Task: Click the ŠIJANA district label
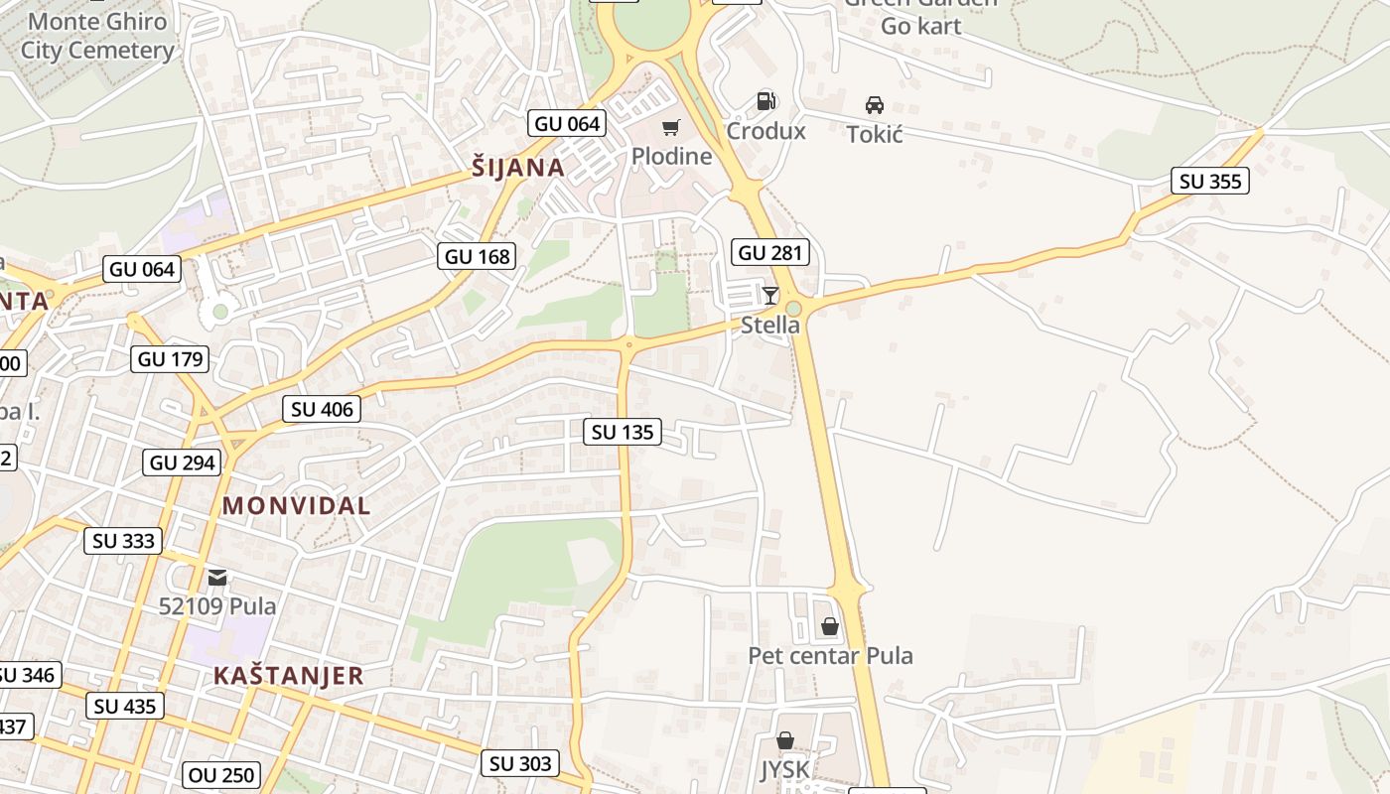tap(518, 168)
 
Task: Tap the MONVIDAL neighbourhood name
tap(296, 505)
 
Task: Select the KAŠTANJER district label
tap(288, 676)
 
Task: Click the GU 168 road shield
tap(478, 256)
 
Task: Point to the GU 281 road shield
tap(770, 252)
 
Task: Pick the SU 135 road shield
tap(623, 431)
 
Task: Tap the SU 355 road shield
tap(1209, 181)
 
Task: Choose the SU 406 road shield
tap(321, 409)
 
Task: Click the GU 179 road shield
tap(170, 358)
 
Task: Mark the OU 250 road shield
tap(221, 774)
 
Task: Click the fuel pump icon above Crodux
tap(765, 101)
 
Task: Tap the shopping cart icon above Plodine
tap(672, 127)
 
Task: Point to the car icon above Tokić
tap(875, 104)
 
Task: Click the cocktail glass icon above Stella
tap(770, 295)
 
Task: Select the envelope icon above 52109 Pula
tap(217, 577)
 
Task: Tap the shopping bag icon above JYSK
tap(785, 740)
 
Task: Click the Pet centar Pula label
tap(830, 655)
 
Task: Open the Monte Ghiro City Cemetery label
tap(97, 36)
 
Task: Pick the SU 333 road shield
tap(124, 540)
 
